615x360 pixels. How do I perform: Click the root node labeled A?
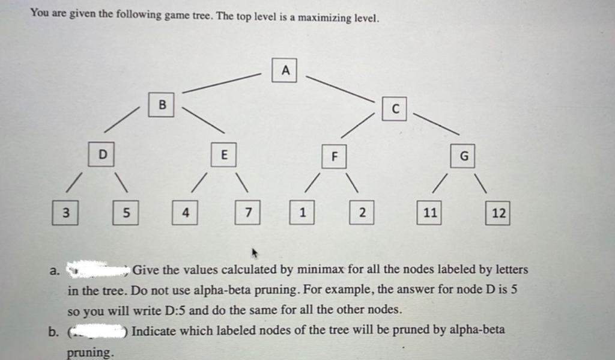point(285,70)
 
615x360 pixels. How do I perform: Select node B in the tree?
point(162,104)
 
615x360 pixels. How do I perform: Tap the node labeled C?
point(394,108)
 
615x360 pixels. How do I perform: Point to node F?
point(335,156)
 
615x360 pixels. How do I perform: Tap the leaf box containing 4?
point(186,212)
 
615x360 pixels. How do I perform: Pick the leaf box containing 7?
point(247,212)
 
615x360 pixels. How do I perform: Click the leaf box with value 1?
point(303,212)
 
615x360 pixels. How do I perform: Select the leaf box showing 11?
point(429,212)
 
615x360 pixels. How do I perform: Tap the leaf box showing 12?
point(498,213)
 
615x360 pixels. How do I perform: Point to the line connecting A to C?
point(339,88)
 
